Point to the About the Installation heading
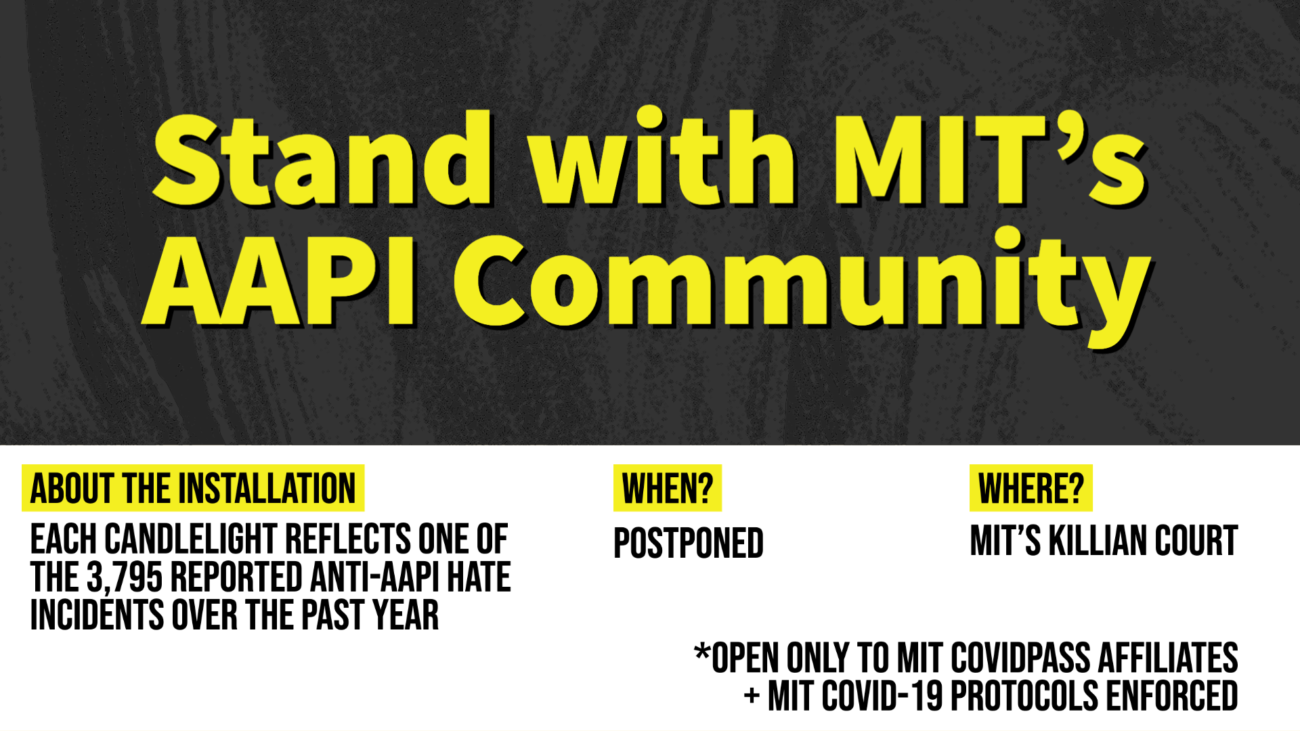tap(193, 488)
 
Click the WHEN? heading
tap(668, 488)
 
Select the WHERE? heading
tap(1031, 488)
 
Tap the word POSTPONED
tap(689, 543)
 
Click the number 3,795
tap(125, 578)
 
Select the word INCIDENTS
tap(97, 615)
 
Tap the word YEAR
tap(406, 615)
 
